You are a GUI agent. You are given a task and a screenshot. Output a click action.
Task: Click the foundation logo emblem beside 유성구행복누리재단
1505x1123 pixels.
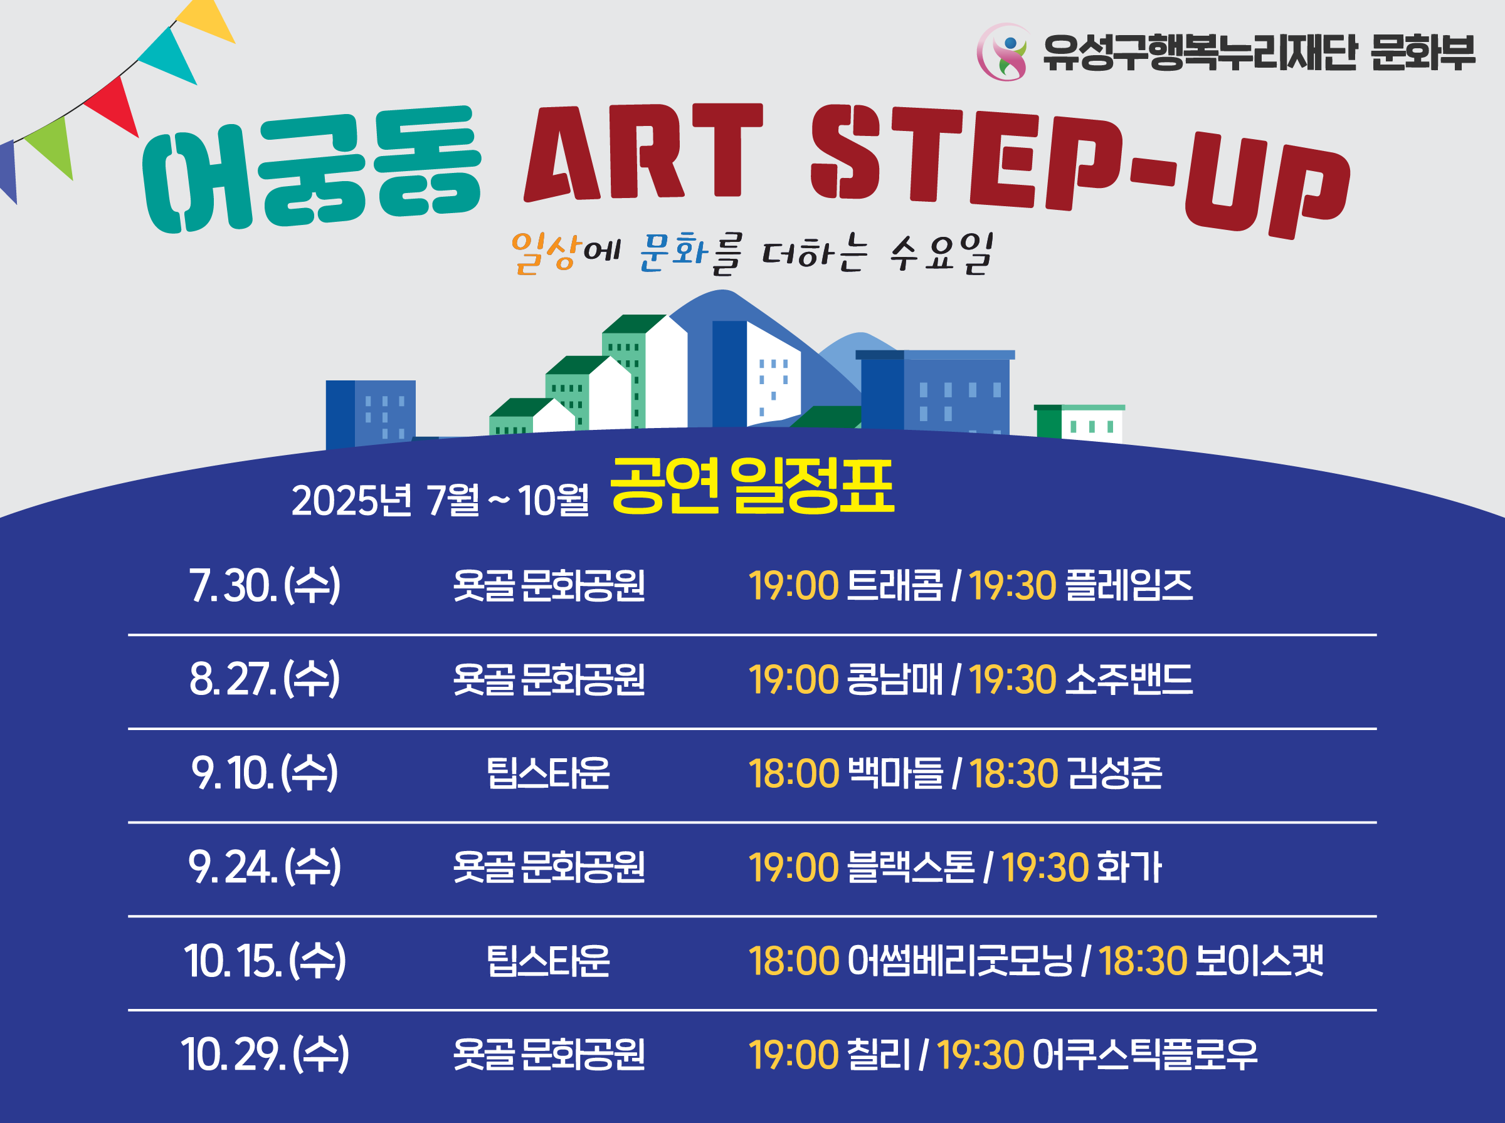click(x=1004, y=53)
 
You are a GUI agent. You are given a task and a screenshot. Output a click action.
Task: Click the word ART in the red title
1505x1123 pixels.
click(x=643, y=152)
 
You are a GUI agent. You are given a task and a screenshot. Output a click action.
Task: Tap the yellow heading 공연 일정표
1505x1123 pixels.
click(x=751, y=486)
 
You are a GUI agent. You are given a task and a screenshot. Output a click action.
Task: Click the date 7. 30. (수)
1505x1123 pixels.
click(x=265, y=585)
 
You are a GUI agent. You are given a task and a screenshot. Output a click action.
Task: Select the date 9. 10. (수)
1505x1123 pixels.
click(x=265, y=773)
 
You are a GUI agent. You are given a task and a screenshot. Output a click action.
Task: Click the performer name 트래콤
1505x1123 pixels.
click(x=895, y=585)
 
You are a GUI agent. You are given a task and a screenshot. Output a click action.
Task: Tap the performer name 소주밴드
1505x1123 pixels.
click(x=1128, y=679)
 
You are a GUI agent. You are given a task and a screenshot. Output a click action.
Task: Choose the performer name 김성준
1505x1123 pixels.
click(x=1114, y=773)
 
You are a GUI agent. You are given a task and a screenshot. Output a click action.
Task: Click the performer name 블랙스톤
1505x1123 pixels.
click(x=911, y=867)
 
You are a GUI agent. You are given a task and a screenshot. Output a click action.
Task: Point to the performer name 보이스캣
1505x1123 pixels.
click(x=1259, y=961)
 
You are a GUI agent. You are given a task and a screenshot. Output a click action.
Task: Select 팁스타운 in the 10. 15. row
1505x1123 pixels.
click(x=548, y=961)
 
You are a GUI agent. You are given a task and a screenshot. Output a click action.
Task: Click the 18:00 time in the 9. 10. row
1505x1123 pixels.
click(x=794, y=773)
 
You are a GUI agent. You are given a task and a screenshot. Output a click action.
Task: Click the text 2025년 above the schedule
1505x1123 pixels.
click(x=352, y=500)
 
